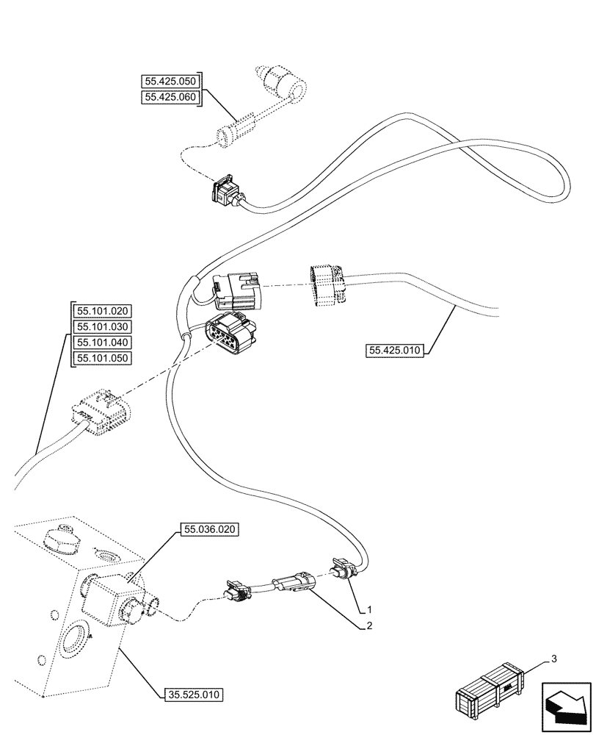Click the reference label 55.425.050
coord(170,81)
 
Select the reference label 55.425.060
coord(170,96)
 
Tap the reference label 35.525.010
coord(192,693)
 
